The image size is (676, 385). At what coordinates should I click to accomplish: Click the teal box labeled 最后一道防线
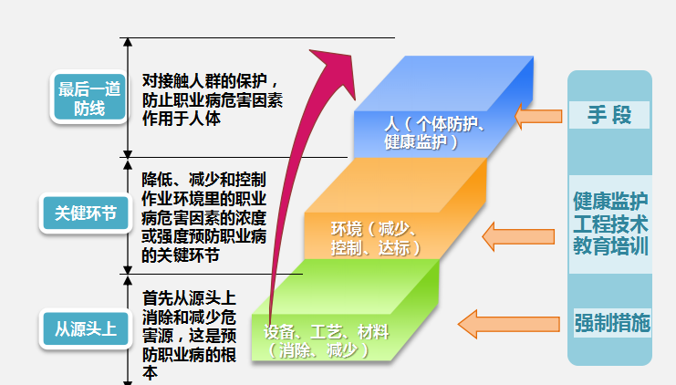[x=89, y=98]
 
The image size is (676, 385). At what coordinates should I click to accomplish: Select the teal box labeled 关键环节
[x=86, y=213]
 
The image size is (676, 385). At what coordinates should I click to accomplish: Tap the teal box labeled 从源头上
[x=86, y=329]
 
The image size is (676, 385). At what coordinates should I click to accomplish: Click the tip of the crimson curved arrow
[x=309, y=50]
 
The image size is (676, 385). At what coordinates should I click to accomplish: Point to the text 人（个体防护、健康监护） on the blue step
[x=433, y=133]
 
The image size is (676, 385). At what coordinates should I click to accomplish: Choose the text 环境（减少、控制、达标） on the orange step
[x=376, y=238]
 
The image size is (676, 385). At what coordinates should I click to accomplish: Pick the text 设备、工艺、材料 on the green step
[x=326, y=332]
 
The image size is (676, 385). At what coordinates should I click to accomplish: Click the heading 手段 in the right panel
[x=609, y=115]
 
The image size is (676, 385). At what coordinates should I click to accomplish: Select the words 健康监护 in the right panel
[x=610, y=201]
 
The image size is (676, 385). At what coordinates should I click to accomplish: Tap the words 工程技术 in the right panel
[x=610, y=224]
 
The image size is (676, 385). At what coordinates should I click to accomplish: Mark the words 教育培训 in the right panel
[x=610, y=246]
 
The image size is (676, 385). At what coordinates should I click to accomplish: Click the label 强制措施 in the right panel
[x=612, y=323]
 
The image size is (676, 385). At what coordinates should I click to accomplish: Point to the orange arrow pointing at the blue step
[x=538, y=117]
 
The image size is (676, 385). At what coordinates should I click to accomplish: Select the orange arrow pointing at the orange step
[x=518, y=236]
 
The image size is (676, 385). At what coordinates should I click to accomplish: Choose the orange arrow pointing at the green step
[x=509, y=324]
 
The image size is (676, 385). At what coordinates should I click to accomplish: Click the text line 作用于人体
[x=182, y=119]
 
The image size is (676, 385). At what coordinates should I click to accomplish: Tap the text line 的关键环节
[x=181, y=255]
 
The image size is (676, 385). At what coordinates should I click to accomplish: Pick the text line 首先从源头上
[x=189, y=298]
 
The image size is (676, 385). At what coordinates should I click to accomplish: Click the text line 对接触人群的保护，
[x=211, y=80]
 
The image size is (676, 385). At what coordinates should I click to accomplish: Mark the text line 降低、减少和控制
[x=204, y=180]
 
